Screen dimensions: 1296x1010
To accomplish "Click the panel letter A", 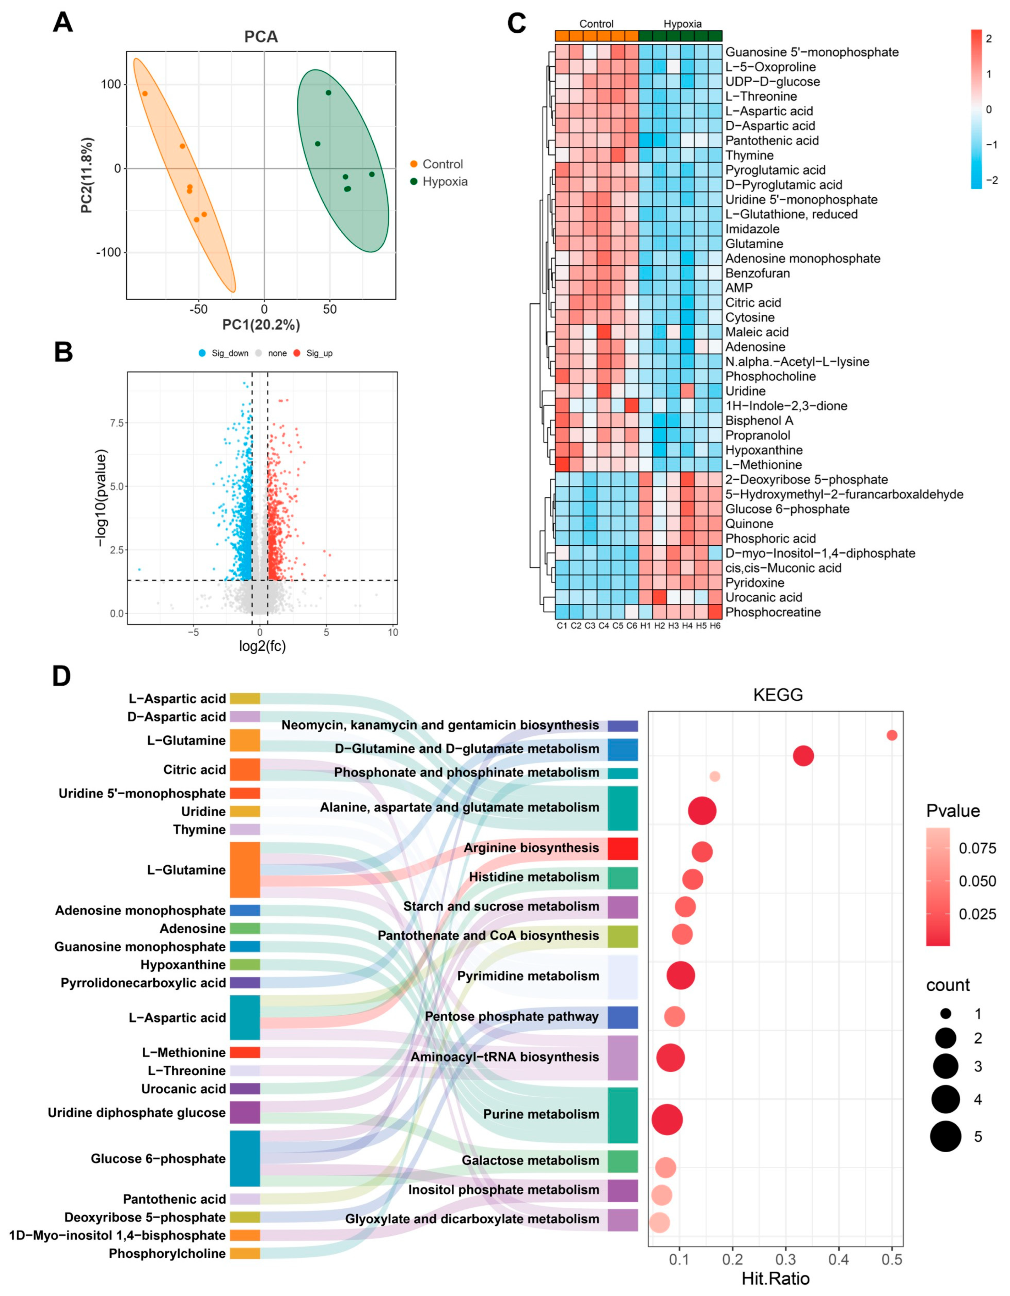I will (x=63, y=23).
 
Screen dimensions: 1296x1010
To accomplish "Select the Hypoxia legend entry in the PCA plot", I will (x=444, y=182).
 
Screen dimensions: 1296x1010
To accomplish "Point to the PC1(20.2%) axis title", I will (x=261, y=325).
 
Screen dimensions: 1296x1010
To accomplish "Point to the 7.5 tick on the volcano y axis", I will (x=117, y=423).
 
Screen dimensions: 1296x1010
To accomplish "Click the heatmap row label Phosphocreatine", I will (x=773, y=612).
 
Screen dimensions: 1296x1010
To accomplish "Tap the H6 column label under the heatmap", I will (x=715, y=626).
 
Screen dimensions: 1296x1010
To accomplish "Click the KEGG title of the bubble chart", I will (x=778, y=695).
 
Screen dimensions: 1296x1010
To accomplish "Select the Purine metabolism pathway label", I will (x=540, y=1114).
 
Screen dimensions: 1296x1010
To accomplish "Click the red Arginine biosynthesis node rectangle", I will (x=622, y=849).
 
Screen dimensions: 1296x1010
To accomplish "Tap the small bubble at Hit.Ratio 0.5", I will (x=891, y=735).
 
